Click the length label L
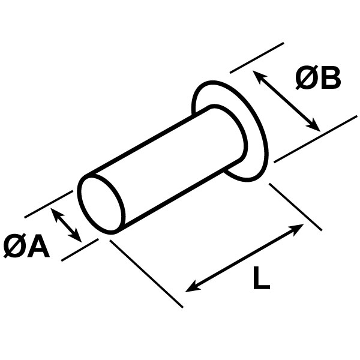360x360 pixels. pos(262,278)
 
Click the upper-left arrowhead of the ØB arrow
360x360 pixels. pos(259,76)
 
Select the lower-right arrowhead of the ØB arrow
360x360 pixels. pos(314,126)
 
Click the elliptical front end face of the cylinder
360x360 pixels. pos(101,204)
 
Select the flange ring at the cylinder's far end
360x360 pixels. pos(230,131)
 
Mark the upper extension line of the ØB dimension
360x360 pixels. pos(257,58)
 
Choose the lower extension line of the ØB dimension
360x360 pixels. pos(316,139)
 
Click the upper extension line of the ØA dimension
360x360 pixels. pos(49,204)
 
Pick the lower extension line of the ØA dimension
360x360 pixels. pos(80,250)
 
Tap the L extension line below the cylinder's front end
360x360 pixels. pos(146,274)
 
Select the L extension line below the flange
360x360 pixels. pos(295,206)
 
